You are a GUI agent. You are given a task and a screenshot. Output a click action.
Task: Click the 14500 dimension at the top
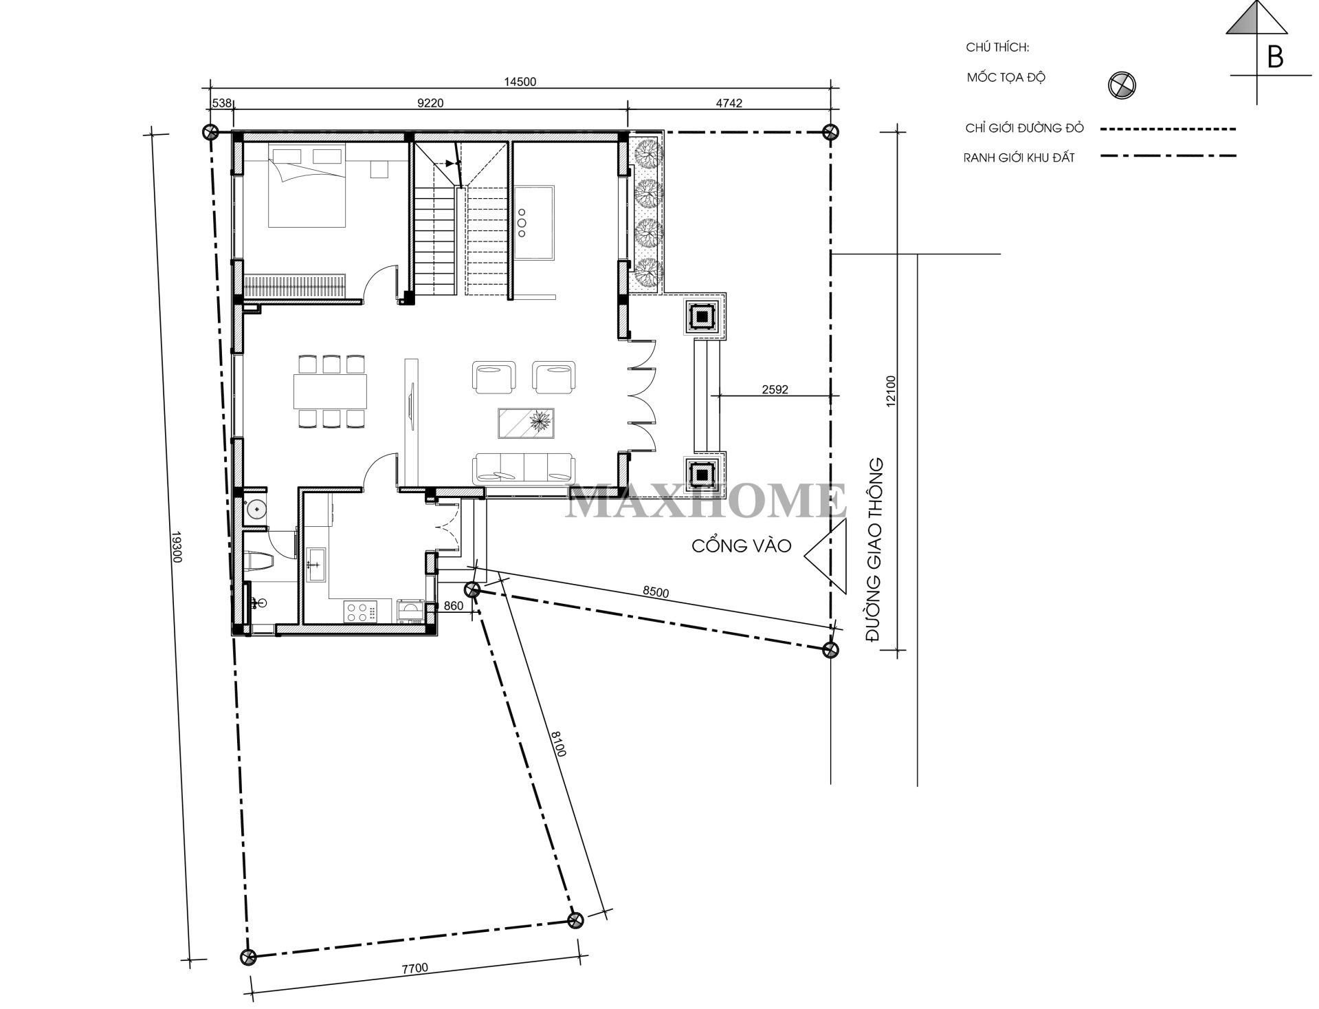click(x=520, y=82)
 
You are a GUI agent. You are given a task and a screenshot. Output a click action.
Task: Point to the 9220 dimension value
click(x=431, y=103)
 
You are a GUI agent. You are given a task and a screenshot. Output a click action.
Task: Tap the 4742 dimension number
click(x=729, y=103)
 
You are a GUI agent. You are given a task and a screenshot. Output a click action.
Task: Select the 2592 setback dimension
click(x=775, y=389)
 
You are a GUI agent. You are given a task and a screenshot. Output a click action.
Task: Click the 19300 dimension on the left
click(x=175, y=547)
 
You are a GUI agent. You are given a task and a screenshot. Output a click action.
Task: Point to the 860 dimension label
click(x=454, y=606)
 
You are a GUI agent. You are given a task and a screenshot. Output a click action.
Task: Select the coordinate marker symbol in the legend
click(x=1121, y=85)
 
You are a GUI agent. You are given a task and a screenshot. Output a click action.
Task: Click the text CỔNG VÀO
click(x=742, y=546)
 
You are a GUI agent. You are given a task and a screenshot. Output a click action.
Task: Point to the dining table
click(x=330, y=391)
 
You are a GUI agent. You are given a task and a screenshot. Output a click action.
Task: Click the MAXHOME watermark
click(x=706, y=501)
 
